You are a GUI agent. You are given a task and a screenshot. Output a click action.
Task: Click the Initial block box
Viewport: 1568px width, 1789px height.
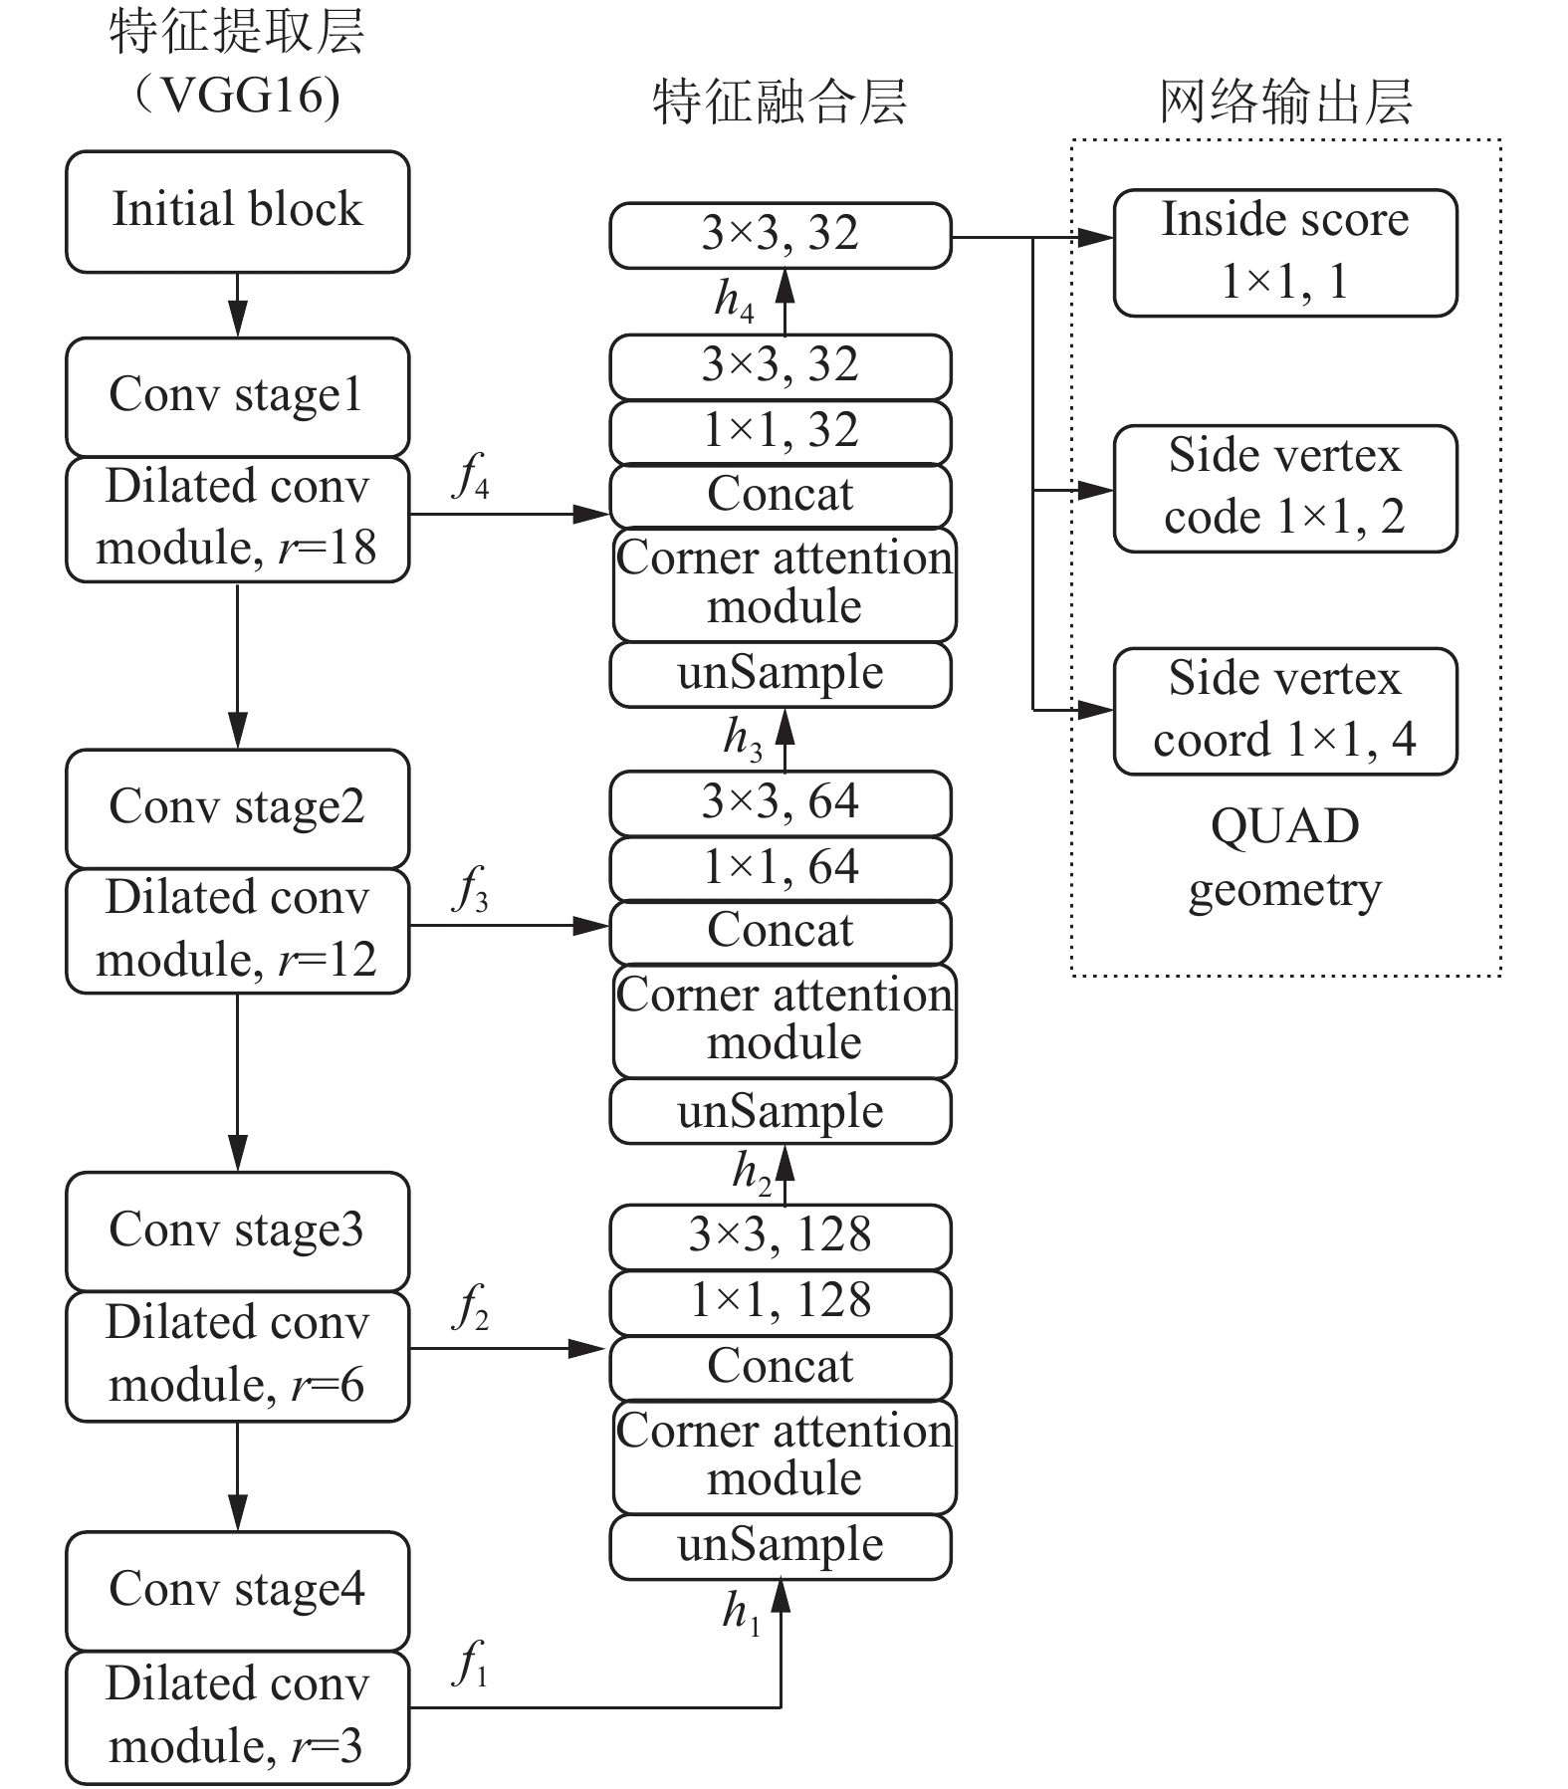[x=237, y=211]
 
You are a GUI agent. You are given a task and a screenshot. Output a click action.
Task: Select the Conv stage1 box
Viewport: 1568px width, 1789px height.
[x=237, y=396]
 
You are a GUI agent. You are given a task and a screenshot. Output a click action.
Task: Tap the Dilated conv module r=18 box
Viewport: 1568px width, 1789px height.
[x=237, y=519]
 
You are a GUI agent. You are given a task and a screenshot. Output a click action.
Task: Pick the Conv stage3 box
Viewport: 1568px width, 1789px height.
[x=237, y=1231]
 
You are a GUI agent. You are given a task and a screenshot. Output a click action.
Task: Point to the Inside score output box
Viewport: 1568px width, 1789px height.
[x=1285, y=253]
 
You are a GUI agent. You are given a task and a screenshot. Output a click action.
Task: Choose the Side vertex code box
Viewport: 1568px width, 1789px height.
[x=1285, y=489]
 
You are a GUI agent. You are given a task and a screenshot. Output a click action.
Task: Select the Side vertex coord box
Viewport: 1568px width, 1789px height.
[x=1285, y=712]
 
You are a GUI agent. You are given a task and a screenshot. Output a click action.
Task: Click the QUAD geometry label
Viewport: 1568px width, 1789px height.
[x=1285, y=857]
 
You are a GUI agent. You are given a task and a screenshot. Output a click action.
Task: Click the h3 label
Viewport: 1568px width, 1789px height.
[x=743, y=740]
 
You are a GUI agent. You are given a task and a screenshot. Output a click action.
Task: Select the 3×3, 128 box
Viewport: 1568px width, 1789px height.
[x=781, y=1236]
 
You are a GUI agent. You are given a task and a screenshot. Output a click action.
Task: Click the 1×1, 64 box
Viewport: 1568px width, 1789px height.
[x=781, y=868]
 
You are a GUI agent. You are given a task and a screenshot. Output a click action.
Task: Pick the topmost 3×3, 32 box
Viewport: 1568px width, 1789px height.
[x=781, y=235]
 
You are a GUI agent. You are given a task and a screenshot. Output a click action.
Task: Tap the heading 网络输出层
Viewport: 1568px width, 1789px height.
[x=1285, y=102]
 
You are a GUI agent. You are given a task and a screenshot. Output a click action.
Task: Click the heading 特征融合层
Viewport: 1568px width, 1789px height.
[x=780, y=102]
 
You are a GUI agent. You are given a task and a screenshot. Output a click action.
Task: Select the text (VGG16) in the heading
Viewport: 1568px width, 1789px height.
[x=237, y=96]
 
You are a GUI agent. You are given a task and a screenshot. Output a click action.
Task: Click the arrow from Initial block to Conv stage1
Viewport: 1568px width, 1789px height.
[x=237, y=305]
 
